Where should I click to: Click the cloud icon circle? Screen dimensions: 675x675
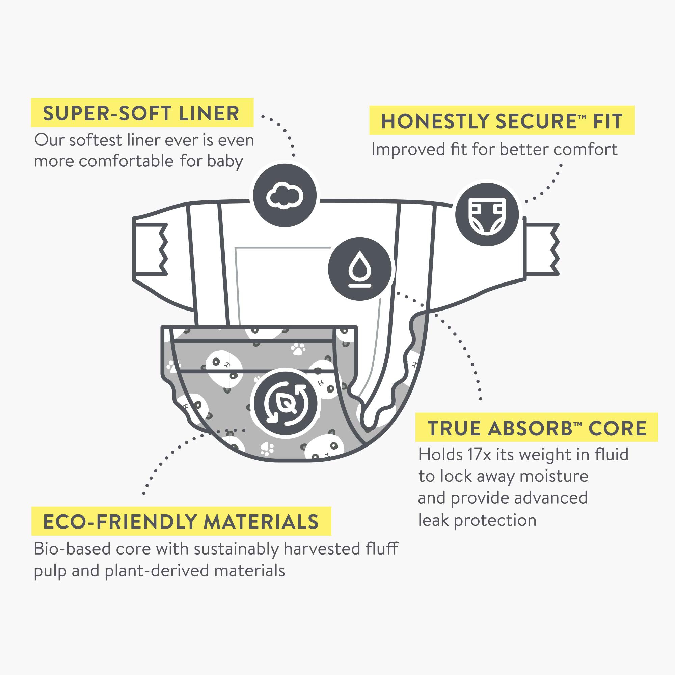click(285, 196)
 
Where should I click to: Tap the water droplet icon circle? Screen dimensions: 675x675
click(359, 269)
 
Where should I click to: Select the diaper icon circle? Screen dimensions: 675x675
click(487, 215)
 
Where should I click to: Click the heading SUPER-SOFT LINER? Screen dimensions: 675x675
click(141, 113)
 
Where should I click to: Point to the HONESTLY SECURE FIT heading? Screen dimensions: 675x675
click(502, 121)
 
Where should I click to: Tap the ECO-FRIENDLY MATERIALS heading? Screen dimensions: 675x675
click(181, 522)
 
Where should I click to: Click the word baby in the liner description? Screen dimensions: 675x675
click(225, 161)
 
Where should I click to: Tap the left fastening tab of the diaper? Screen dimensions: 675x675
click(150, 249)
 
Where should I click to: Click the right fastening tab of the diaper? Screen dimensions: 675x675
click(542, 249)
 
